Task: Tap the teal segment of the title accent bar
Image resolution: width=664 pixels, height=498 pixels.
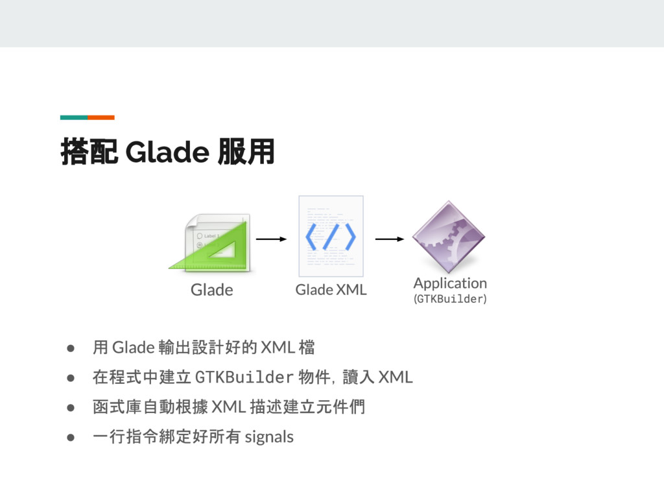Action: (74, 117)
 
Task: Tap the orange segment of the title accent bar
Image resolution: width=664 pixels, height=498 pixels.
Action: (101, 117)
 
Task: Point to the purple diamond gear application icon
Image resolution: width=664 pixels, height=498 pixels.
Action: (448, 237)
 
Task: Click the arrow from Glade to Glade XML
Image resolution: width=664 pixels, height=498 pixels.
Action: (271, 239)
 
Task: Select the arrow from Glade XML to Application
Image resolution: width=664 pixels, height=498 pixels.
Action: (390, 239)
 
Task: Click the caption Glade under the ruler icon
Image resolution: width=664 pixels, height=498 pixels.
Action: (211, 290)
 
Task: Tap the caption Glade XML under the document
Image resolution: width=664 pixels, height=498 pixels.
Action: (331, 290)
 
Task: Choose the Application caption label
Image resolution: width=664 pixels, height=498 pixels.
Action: (450, 283)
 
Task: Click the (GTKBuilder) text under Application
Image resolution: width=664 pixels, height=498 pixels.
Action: (450, 299)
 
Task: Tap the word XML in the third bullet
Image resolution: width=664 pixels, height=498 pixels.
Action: (228, 407)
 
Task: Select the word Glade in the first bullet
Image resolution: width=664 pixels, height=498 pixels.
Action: (132, 348)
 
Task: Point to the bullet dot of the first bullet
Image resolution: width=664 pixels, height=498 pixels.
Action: (68, 348)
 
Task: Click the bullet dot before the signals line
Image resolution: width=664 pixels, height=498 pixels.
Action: (68, 437)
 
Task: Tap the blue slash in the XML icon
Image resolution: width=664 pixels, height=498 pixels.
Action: (331, 237)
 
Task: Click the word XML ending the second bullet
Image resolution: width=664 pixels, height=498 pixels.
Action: (396, 377)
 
